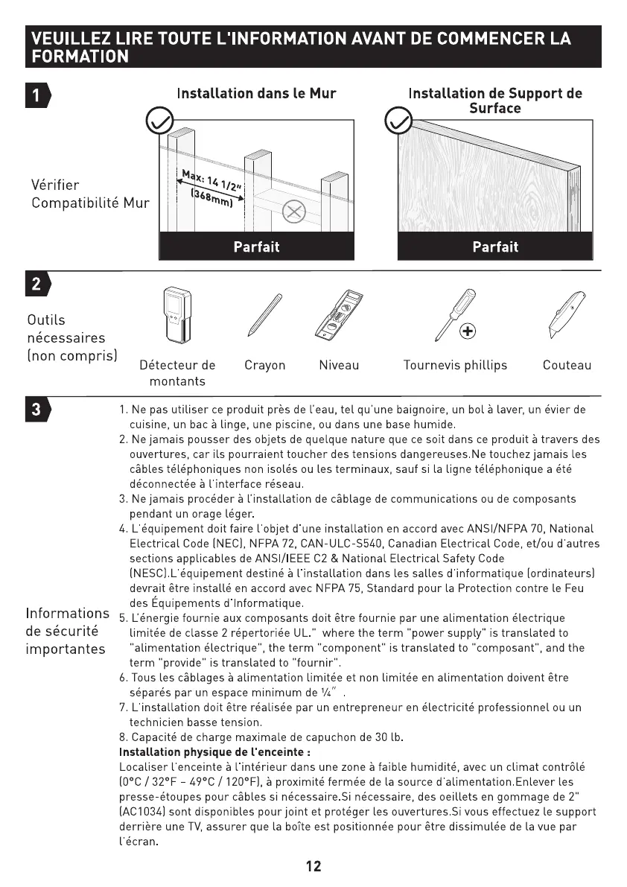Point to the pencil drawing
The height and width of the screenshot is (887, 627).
[261, 316]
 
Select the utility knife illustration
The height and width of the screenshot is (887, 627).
[558, 317]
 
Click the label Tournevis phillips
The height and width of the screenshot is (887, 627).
[455, 365]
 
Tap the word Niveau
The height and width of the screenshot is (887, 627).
[339, 365]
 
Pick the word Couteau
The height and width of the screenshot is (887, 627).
[567, 365]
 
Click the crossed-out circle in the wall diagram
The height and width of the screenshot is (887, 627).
[295, 213]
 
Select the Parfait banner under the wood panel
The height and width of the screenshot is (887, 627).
[495, 247]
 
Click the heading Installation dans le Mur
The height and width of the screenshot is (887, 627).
[256, 94]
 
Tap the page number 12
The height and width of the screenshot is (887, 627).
[313, 866]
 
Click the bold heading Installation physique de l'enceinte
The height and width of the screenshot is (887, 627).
[214, 752]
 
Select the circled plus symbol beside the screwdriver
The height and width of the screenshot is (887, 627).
[468, 331]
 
